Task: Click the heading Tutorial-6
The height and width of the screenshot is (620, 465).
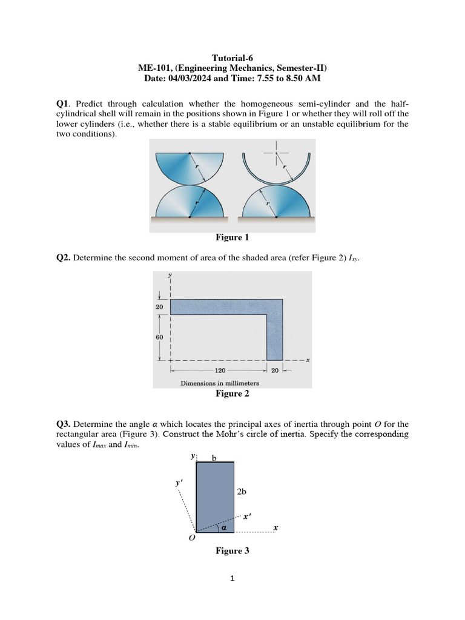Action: click(232, 58)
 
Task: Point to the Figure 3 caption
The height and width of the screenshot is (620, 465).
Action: click(232, 551)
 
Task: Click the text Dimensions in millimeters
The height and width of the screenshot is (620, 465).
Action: click(220, 383)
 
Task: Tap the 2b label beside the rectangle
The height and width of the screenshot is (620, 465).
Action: click(242, 492)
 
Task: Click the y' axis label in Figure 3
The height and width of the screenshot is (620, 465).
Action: click(179, 483)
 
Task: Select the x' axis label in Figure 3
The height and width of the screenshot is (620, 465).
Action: click(246, 517)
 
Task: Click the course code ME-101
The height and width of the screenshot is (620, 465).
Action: click(156, 68)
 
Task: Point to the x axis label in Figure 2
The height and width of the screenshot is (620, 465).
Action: click(308, 360)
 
